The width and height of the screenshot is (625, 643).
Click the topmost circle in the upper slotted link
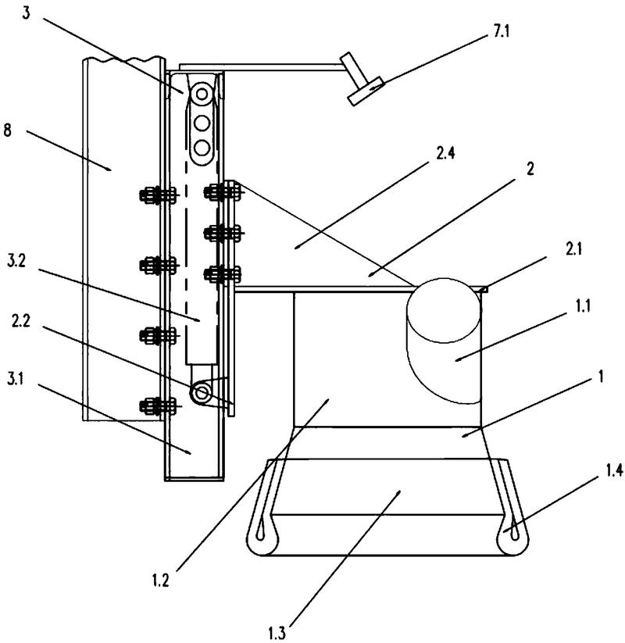pos(202,95)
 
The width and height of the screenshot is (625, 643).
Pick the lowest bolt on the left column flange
pos(154,405)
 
